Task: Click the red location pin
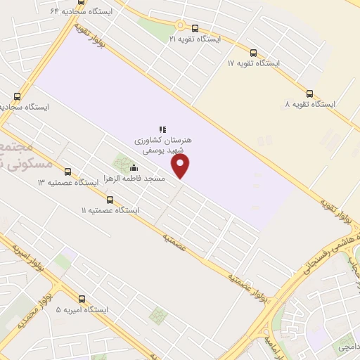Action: pyautogui.click(x=181, y=166)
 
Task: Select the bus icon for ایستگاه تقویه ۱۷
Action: pyautogui.click(x=253, y=53)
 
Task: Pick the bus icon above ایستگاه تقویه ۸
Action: pyautogui.click(x=310, y=94)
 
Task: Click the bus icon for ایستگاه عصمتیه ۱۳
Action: pyautogui.click(x=67, y=172)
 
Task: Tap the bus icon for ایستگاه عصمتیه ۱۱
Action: pyautogui.click(x=109, y=200)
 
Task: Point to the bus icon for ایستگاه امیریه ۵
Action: pyautogui.click(x=82, y=299)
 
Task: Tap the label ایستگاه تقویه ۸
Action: pyautogui.click(x=310, y=105)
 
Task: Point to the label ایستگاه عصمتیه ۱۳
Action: pyautogui.click(x=67, y=183)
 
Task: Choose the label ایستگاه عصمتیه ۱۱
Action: pyautogui.click(x=110, y=211)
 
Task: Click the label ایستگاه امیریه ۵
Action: pyautogui.click(x=82, y=310)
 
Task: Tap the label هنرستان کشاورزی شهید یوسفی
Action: pyautogui.click(x=163, y=146)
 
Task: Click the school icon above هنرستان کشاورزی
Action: pyautogui.click(x=162, y=129)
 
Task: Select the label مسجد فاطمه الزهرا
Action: pyautogui.click(x=134, y=179)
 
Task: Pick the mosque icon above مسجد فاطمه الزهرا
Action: pyautogui.click(x=134, y=167)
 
